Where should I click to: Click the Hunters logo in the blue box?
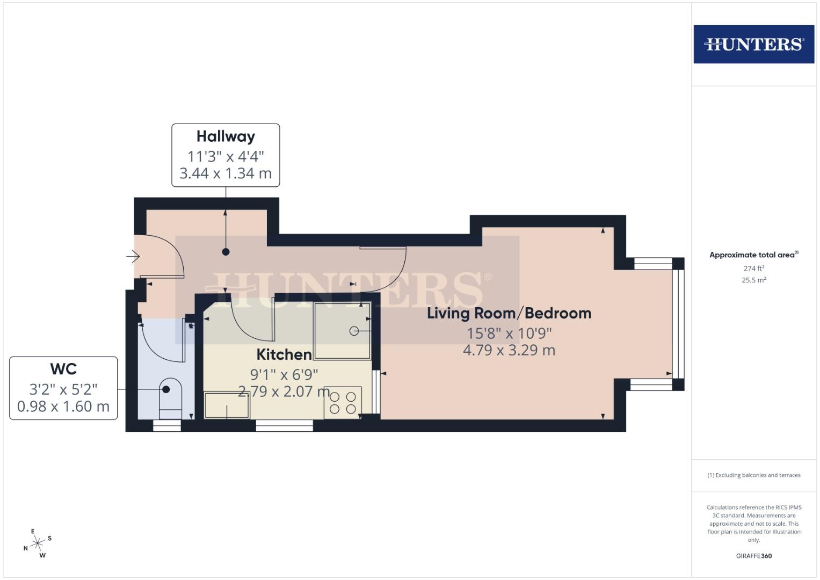click(x=754, y=44)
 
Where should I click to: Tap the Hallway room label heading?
click(x=226, y=136)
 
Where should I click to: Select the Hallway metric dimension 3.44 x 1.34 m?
click(x=226, y=173)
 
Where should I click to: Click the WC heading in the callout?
click(x=63, y=369)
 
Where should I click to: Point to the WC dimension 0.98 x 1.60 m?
click(x=63, y=407)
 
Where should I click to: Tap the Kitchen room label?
click(x=284, y=354)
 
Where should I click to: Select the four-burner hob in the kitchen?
click(x=343, y=403)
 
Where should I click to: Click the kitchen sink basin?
click(x=227, y=405)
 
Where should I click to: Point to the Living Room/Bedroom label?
click(x=509, y=314)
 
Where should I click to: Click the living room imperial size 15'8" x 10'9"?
click(x=509, y=334)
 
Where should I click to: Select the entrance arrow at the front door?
click(x=133, y=256)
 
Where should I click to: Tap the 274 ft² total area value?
click(x=754, y=269)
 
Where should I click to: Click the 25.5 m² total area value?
click(x=754, y=280)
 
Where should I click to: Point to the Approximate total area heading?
click(x=754, y=255)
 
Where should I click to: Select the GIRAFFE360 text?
click(x=754, y=556)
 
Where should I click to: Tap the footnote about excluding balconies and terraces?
click(x=754, y=475)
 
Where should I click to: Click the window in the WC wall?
click(x=167, y=425)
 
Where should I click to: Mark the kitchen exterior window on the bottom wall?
click(x=285, y=425)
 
